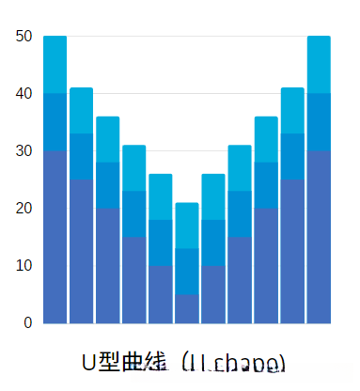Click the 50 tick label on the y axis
(x=24, y=37)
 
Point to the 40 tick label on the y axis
(x=24, y=94)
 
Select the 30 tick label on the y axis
(x=24, y=151)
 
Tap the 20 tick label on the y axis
(x=24, y=209)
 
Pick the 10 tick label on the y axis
(x=24, y=266)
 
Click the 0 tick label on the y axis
(x=28, y=323)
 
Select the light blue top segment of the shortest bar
(x=187, y=226)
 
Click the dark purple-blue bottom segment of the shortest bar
(x=187, y=309)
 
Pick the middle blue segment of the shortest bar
(x=187, y=272)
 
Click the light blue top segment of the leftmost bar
(x=55, y=65)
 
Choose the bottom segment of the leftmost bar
(x=55, y=237)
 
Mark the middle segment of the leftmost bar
(x=55, y=122)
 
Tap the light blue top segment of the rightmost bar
(x=319, y=65)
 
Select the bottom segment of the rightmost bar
(x=319, y=237)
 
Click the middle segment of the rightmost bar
(x=319, y=122)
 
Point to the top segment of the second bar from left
(x=82, y=111)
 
